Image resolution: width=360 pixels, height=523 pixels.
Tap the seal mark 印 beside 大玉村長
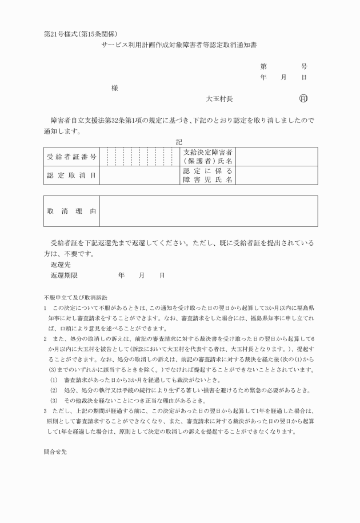click(303, 99)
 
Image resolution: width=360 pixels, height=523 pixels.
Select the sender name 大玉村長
click(219, 99)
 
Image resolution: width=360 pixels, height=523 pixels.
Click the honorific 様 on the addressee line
click(115, 88)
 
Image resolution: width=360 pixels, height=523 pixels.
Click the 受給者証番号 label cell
click(71, 156)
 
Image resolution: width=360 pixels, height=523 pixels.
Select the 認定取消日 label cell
click(71, 175)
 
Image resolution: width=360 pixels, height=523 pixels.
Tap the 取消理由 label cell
click(71, 211)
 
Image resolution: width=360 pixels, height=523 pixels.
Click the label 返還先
click(60, 265)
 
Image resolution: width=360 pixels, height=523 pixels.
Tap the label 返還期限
click(64, 276)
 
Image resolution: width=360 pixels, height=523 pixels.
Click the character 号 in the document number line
click(304, 66)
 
